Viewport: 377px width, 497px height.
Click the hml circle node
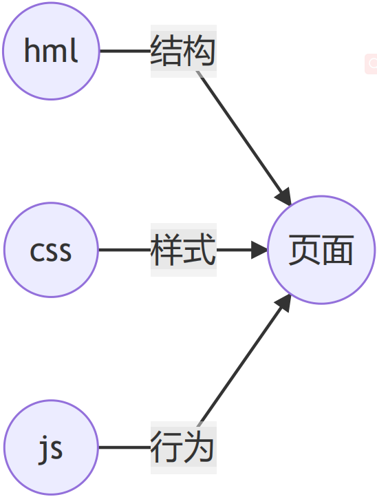51,51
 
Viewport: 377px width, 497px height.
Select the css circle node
51,250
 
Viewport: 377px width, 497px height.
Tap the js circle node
51,447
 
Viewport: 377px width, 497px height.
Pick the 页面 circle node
321,250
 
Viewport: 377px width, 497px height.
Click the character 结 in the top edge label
167,51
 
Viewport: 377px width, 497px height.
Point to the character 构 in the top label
200,51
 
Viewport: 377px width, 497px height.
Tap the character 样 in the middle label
167,249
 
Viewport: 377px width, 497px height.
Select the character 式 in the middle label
200,249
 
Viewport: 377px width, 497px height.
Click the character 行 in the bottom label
167,447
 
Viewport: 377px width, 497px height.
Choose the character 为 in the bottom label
199,447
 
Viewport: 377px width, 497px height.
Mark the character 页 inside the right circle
305,250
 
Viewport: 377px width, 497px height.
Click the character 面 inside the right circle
338,250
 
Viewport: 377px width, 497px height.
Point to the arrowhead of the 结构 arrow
284,197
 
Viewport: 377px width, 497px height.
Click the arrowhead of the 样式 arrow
260,250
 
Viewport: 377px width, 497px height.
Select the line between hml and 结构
125,51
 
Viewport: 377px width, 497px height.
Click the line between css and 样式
125,250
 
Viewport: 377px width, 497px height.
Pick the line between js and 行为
125,447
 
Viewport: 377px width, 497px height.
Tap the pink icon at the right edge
371,64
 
